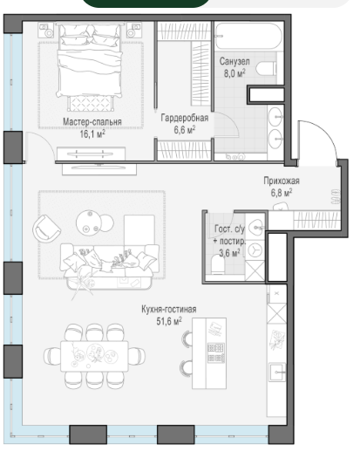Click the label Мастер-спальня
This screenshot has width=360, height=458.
pos(92,122)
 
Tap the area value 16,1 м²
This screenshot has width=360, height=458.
pos(92,133)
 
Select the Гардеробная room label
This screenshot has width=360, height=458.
pos(185,118)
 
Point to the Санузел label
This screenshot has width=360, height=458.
pos(234,61)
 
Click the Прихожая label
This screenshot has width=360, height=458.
pos(282,181)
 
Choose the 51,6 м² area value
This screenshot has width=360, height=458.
pos(169,321)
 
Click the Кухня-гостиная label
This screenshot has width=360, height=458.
pos(169,309)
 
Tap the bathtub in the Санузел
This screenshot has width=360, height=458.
pos(248,36)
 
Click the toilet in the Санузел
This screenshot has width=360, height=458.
pos(266,69)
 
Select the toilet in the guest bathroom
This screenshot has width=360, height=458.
pos(217,264)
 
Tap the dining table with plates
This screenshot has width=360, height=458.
pos(94,356)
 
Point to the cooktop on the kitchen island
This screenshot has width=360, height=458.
pos(216,352)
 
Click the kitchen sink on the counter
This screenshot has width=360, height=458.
pos(277,372)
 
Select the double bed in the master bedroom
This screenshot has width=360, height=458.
pos(89,61)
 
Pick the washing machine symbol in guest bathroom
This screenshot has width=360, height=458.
pos(255,250)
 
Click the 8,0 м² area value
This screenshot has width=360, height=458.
pos(234,73)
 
